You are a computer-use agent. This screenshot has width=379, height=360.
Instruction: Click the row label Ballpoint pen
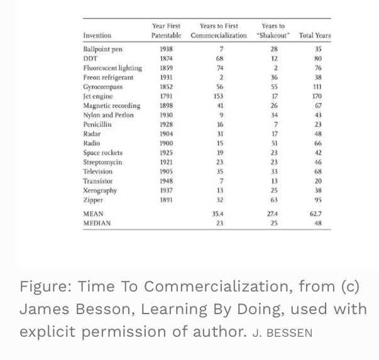pyautogui.click(x=102, y=49)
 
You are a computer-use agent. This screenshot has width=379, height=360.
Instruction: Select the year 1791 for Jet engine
pyautogui.click(x=166, y=96)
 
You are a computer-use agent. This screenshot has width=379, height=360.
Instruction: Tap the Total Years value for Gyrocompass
pyautogui.click(x=318, y=87)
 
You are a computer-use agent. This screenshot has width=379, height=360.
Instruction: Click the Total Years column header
pyautogui.click(x=314, y=36)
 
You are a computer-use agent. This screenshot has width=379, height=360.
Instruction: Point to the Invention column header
pyautogui.click(x=97, y=36)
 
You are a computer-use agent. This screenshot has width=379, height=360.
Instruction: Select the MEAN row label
pyautogui.click(x=93, y=214)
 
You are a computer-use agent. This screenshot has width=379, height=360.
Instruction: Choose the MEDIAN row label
pyautogui.click(x=97, y=223)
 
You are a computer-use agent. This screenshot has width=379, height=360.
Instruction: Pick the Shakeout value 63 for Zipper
pyautogui.click(x=274, y=200)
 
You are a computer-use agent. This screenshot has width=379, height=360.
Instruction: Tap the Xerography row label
pyautogui.click(x=100, y=190)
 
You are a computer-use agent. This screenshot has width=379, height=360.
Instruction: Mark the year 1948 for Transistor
pyautogui.click(x=166, y=181)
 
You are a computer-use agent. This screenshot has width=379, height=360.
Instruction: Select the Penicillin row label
pyautogui.click(x=97, y=124)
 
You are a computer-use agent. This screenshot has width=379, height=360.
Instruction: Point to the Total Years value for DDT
pyautogui.click(x=318, y=58)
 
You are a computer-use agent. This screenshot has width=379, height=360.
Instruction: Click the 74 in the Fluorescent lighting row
pyautogui.click(x=220, y=68)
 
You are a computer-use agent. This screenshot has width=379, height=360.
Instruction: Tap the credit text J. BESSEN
pyautogui.click(x=282, y=333)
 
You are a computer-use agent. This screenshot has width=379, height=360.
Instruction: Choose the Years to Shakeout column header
pyautogui.click(x=273, y=31)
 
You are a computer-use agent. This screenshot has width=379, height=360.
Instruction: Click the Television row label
pyautogui.click(x=98, y=172)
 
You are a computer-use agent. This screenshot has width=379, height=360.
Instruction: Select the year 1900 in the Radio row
pyautogui.click(x=166, y=143)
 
